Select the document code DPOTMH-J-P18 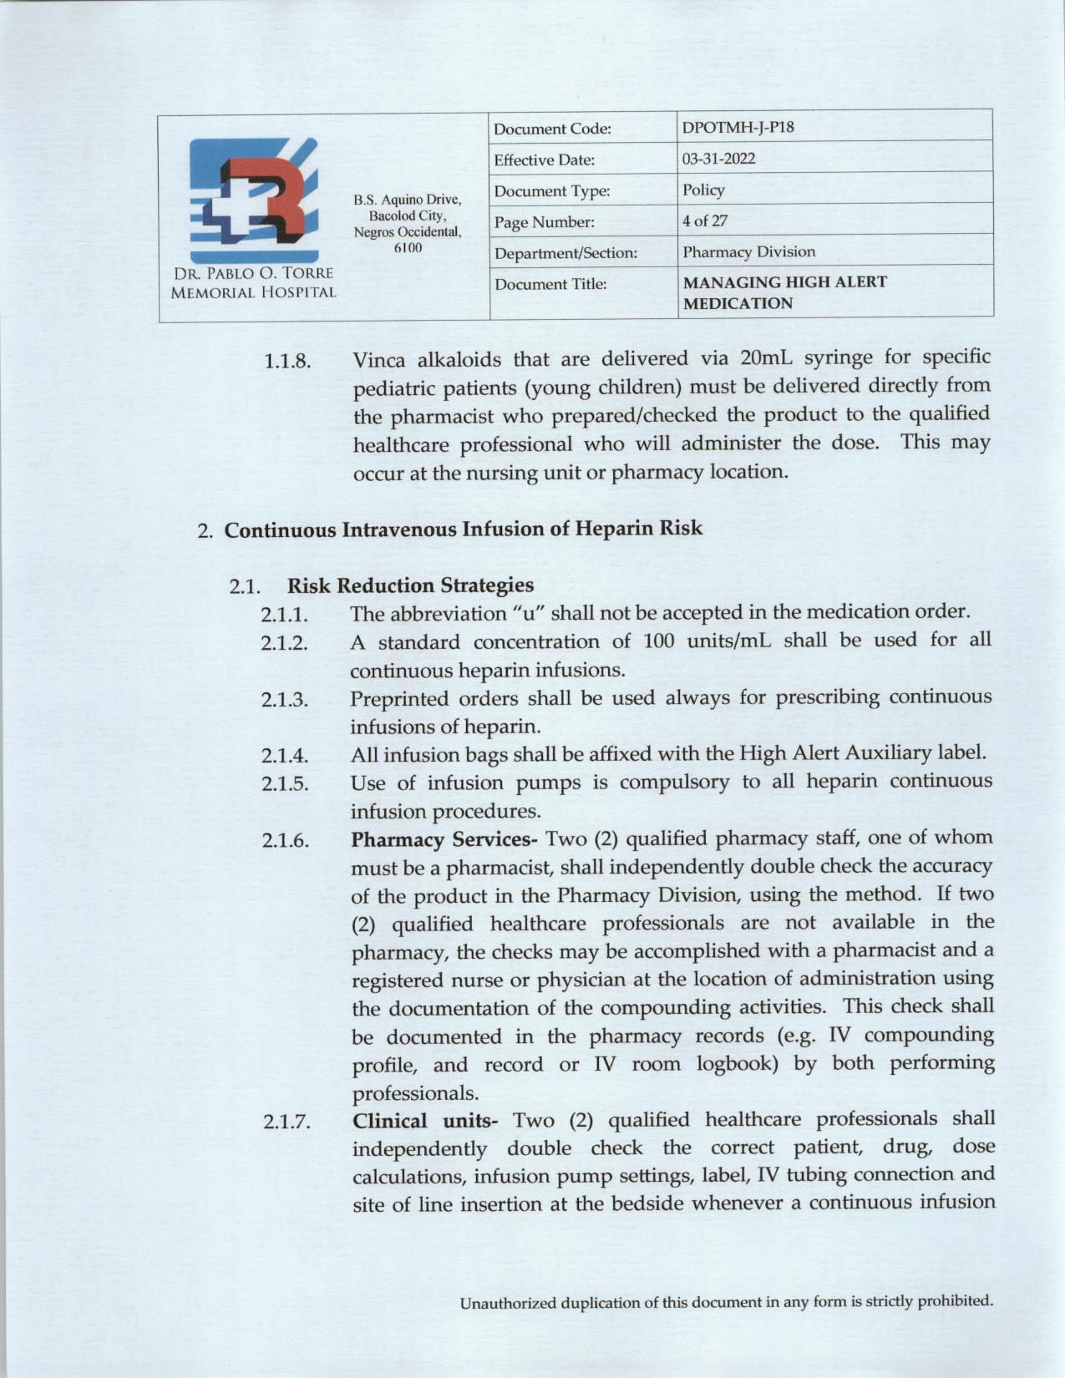click(x=738, y=129)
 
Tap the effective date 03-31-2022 click(x=718, y=160)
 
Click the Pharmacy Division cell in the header click(x=748, y=252)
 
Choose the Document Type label click(x=551, y=191)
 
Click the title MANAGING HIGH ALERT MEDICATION click(x=784, y=292)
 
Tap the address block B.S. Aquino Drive click(x=407, y=200)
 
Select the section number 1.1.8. click(x=287, y=362)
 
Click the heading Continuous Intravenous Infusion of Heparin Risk click(x=464, y=529)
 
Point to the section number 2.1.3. click(x=284, y=700)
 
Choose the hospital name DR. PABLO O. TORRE click(x=253, y=274)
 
